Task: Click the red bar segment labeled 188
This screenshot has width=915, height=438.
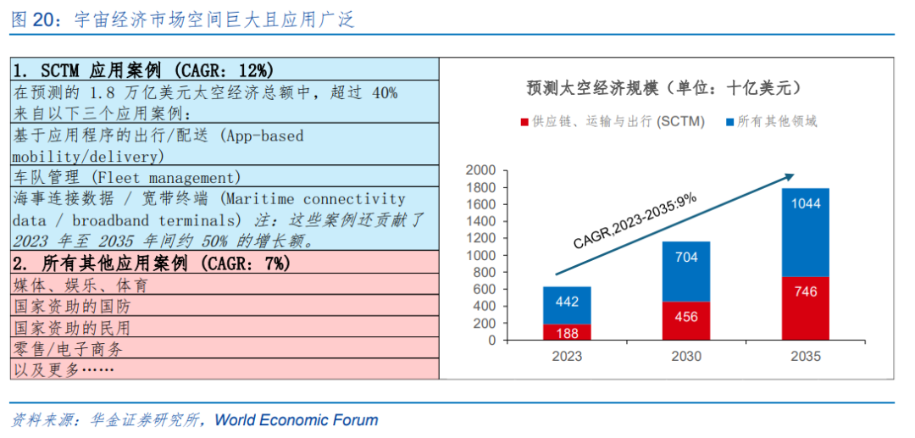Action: [567, 332]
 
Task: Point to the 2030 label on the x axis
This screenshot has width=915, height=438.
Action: [685, 357]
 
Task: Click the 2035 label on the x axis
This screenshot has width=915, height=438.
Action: [805, 357]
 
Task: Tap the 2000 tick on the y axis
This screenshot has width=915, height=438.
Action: [480, 170]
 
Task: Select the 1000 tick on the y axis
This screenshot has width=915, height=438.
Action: [480, 255]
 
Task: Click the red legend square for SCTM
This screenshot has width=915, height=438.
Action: [524, 122]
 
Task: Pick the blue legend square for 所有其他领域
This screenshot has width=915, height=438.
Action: [729, 122]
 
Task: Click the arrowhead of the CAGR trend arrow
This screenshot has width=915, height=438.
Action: [790, 175]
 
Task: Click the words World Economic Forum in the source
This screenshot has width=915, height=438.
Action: [296, 419]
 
